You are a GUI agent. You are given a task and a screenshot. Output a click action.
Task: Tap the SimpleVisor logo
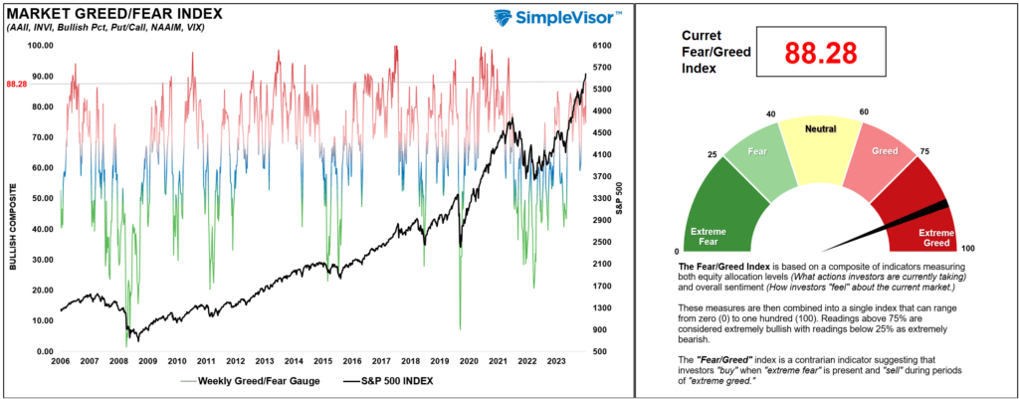(x=557, y=19)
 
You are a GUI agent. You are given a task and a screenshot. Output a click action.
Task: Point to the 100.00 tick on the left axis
(x=40, y=46)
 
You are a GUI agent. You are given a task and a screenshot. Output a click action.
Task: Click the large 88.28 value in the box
(x=822, y=52)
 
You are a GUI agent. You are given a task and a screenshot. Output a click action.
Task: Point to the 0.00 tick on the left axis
(x=43, y=351)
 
